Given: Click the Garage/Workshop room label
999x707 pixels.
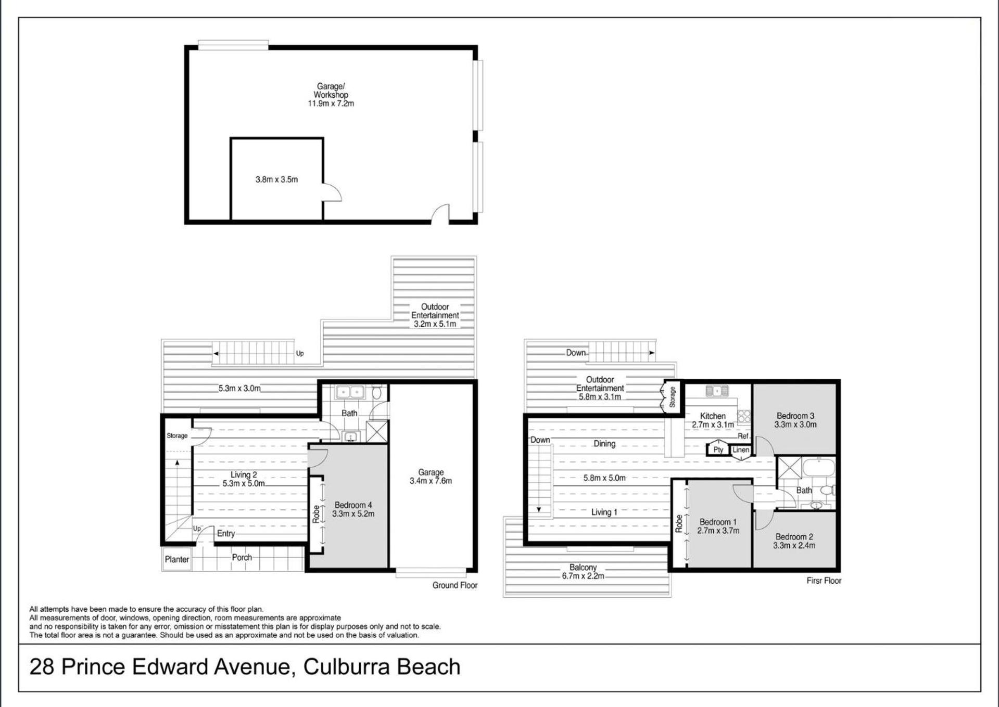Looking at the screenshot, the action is click(331, 91).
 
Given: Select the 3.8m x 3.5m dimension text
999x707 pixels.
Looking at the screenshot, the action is click(276, 179).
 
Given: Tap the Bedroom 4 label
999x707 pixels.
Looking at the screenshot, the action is click(353, 505).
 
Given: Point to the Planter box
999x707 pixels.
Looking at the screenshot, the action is click(177, 559).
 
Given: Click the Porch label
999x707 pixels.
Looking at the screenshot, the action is click(242, 557).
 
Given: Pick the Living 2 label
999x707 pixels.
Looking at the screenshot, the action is click(244, 474).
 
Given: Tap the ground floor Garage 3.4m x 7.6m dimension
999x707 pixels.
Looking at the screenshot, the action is click(431, 481).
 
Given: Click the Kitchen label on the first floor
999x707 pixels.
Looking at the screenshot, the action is click(713, 416).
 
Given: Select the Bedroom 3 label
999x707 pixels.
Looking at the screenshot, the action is click(795, 416).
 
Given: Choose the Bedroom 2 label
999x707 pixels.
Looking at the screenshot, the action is click(794, 537).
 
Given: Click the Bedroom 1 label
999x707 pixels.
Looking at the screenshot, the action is click(718, 522).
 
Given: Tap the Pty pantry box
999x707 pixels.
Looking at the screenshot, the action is click(718, 449).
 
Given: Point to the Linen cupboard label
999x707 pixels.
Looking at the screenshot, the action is click(741, 450).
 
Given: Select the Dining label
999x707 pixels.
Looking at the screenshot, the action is click(604, 444).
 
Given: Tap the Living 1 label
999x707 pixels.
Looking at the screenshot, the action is click(604, 512).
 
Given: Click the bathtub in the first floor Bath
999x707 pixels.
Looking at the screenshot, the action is click(818, 467).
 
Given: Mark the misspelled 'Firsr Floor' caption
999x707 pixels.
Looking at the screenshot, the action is click(824, 581).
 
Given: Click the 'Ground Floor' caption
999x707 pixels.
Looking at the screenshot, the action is click(454, 585).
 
